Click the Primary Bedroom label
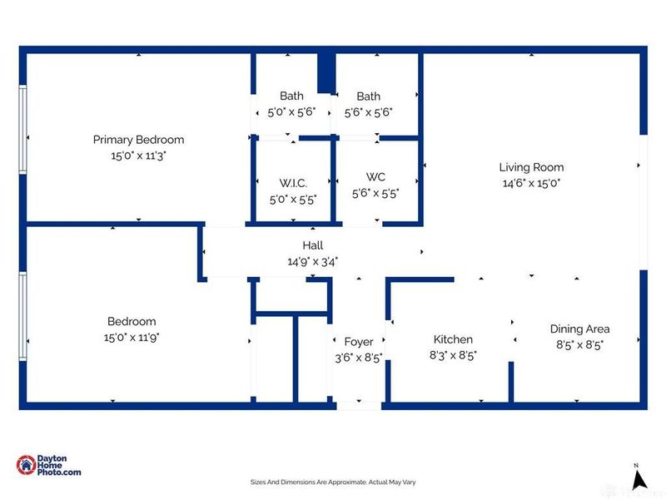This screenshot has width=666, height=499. coord(138,140)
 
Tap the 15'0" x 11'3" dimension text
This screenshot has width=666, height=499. coord(138,155)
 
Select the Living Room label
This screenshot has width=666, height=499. coord(531,167)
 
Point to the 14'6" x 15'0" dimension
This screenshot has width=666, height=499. coord(531,183)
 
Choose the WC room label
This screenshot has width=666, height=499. coord(375,177)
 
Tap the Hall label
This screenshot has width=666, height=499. coord(312,245)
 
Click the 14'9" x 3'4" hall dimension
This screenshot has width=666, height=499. coord(312,261)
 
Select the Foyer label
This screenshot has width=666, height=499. coord(359,342)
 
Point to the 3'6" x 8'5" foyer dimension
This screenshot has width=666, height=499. coord(359,358)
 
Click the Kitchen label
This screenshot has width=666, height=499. coord(453,339)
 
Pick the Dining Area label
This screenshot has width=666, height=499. coord(579,329)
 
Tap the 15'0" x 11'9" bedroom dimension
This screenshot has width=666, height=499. coord(132,337)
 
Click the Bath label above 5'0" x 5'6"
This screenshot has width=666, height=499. coord(291,96)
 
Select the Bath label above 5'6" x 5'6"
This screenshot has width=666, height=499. coord(368,96)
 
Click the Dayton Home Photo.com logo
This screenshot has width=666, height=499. coord(49,466)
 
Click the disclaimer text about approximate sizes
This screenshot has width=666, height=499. coord(333,482)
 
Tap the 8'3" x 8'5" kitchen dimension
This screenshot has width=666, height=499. coord(453,354)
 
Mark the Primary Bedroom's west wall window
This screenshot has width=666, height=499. coord(22,137)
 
